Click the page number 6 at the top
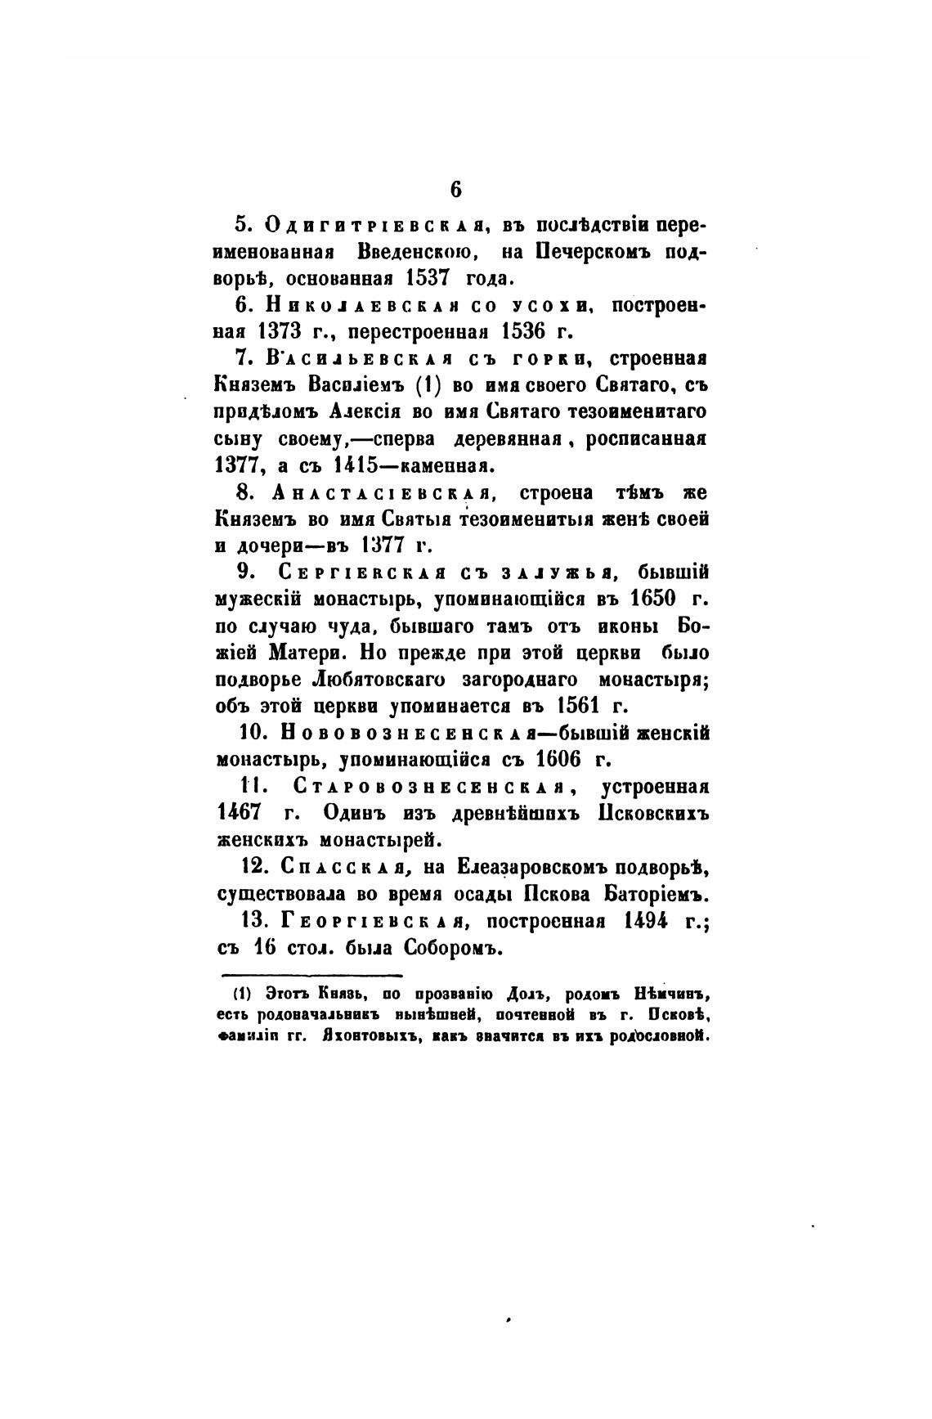455,190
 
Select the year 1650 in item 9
655,599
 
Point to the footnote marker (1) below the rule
241,995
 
